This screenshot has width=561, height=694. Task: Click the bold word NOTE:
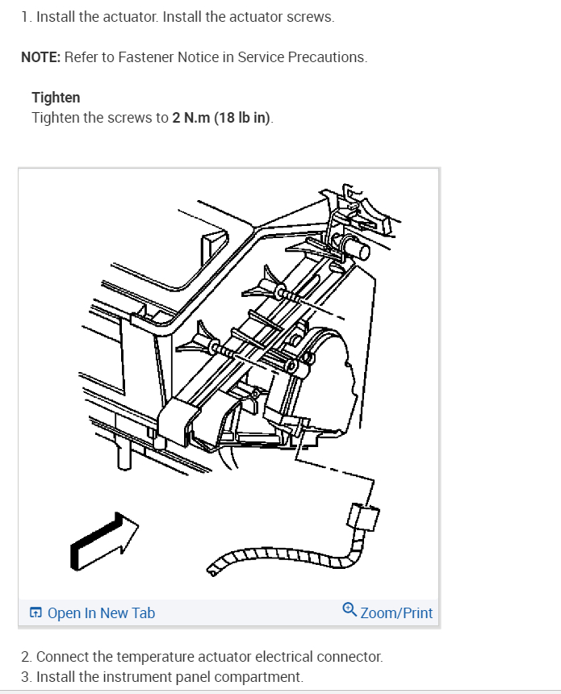tap(40, 57)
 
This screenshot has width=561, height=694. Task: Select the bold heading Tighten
tap(56, 98)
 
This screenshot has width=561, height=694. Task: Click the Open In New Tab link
tap(101, 613)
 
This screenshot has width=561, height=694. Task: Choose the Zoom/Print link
tap(396, 613)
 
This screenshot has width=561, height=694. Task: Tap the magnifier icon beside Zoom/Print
tap(349, 611)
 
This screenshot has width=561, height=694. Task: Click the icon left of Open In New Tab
tap(36, 613)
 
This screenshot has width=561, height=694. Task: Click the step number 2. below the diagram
tap(27, 657)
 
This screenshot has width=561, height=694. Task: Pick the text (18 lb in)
tap(244, 118)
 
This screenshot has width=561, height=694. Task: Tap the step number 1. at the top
tap(26, 17)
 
